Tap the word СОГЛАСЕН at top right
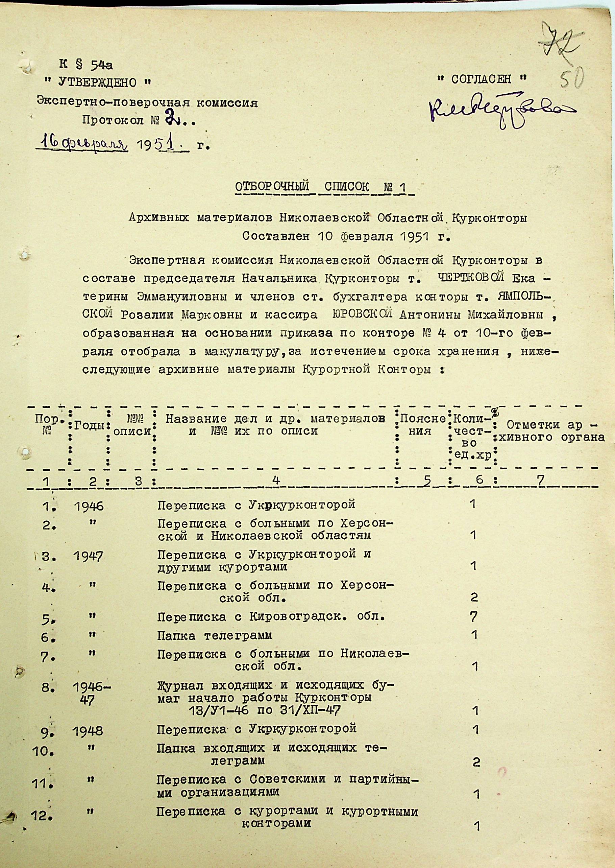(481, 79)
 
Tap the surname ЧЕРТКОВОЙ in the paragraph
(470, 278)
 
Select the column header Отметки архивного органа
(551, 431)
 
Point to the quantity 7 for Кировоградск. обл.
(473, 617)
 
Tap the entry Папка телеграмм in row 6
(214, 635)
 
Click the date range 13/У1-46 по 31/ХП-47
(264, 710)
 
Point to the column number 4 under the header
(276, 480)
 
